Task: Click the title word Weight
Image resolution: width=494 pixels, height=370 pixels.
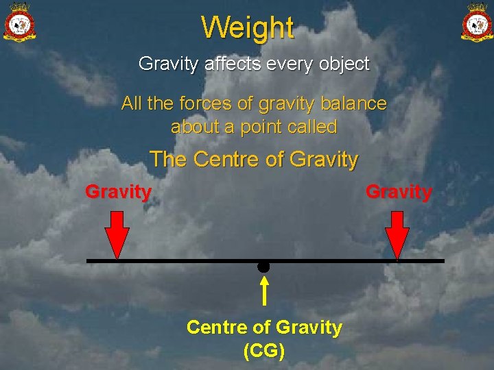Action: [x=248, y=28]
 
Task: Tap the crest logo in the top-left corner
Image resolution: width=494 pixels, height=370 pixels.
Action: [x=20, y=23]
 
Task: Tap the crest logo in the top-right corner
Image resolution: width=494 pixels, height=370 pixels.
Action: [x=476, y=23]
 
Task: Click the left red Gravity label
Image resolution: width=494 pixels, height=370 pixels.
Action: [x=118, y=192]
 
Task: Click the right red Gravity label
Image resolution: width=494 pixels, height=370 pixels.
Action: [x=399, y=192]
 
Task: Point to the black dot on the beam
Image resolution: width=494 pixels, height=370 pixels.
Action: [x=263, y=267]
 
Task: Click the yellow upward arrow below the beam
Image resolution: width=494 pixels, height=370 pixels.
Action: [x=264, y=291]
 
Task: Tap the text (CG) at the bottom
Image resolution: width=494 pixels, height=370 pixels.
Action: [x=264, y=351]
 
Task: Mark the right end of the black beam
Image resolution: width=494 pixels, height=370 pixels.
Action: [x=443, y=261]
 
